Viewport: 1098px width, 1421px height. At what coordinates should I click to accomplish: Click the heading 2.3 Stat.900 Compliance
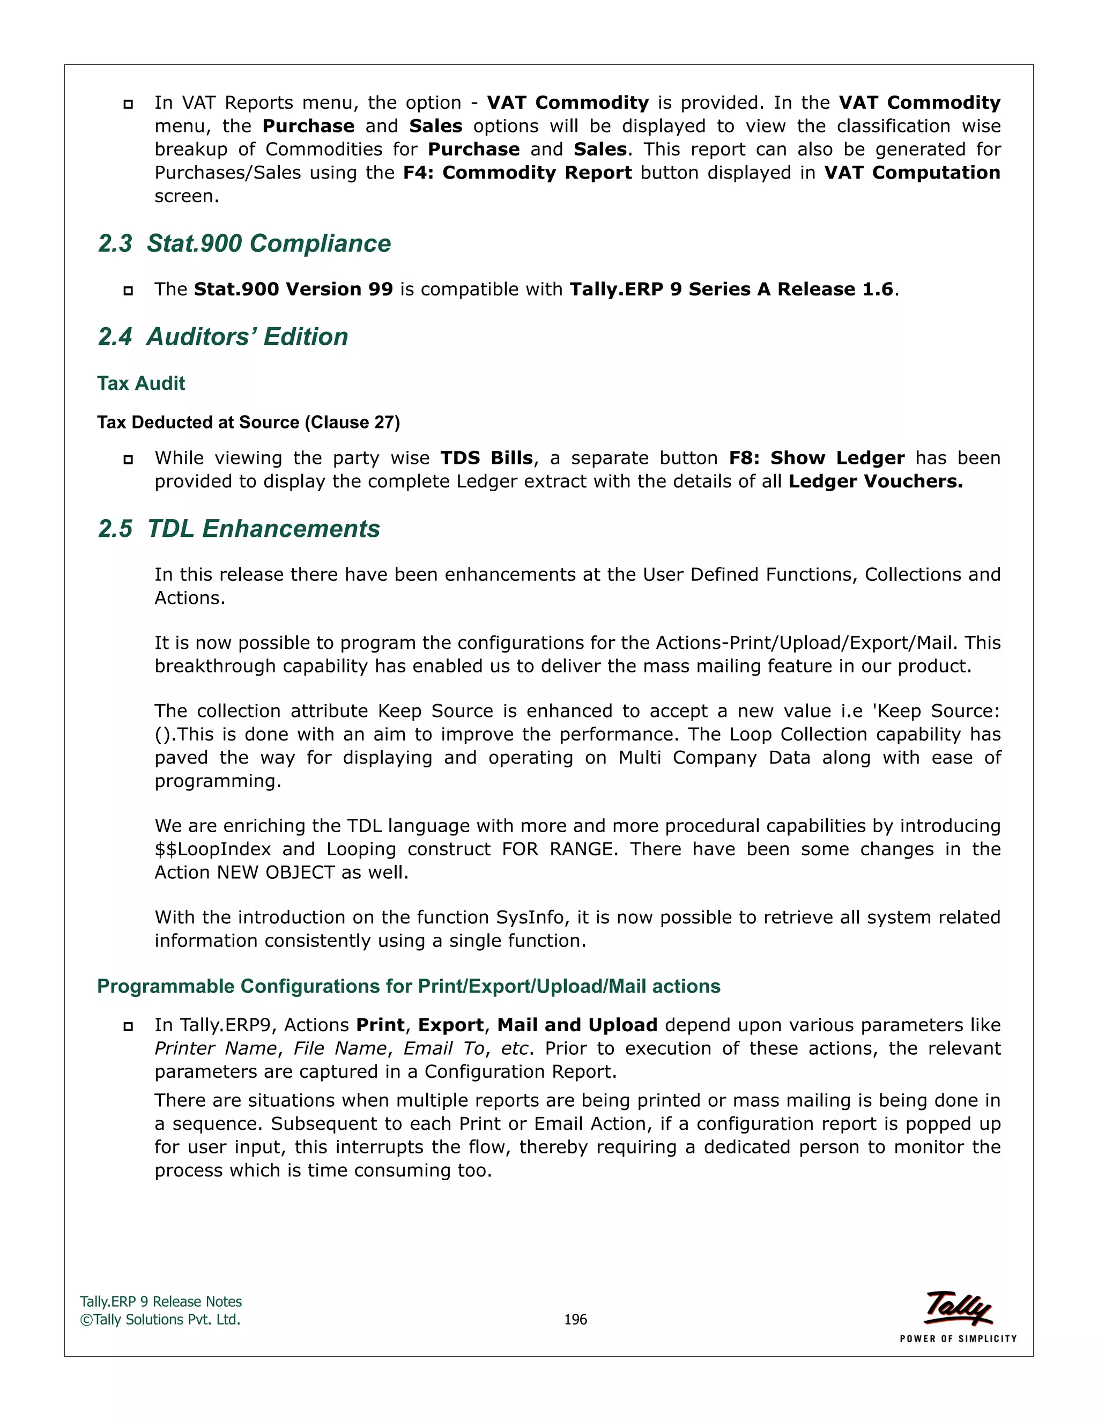click(244, 243)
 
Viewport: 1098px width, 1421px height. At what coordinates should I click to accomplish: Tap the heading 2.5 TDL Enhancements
click(239, 528)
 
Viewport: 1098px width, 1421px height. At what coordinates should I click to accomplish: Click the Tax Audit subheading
click(140, 383)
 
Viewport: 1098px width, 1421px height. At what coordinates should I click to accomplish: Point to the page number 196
click(575, 1320)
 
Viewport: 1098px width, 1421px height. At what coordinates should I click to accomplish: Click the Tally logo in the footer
click(958, 1308)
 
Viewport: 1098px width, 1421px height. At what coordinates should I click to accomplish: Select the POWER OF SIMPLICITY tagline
click(958, 1338)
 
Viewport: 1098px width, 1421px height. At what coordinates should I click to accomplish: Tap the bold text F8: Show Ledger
click(817, 458)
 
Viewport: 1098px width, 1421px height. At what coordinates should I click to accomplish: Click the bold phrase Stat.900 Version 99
click(293, 289)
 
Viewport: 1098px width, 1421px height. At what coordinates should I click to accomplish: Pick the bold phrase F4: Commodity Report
click(517, 173)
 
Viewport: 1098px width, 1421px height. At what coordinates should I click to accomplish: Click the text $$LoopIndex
click(213, 849)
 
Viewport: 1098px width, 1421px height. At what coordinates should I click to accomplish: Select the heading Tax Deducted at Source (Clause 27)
click(248, 422)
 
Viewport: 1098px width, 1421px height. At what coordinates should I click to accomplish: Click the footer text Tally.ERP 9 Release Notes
click(161, 1301)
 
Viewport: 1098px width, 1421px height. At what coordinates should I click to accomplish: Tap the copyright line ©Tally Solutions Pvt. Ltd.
click(160, 1320)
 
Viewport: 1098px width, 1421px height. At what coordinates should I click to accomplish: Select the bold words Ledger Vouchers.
click(875, 482)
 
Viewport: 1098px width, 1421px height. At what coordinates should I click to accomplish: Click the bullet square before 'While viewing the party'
click(128, 460)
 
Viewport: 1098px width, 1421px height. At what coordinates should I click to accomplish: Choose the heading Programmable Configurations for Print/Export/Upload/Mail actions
click(409, 986)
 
